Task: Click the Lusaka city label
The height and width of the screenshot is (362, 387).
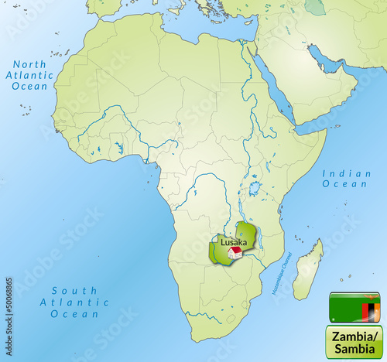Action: point(234,241)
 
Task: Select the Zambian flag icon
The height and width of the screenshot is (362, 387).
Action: point(354,309)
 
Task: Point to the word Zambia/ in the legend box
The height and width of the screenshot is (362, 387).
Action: point(354,336)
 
